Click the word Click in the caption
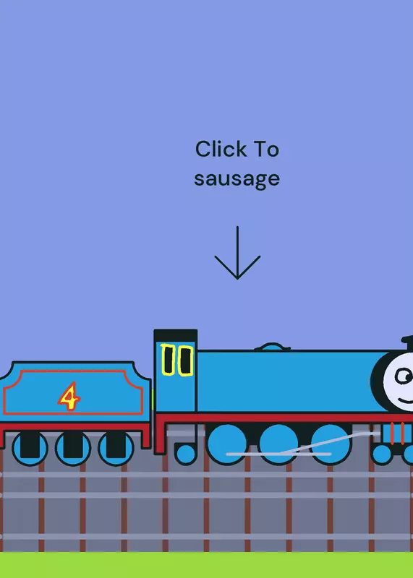click(x=221, y=149)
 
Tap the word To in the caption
click(x=266, y=149)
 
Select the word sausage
click(x=237, y=179)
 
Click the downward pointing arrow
click(x=237, y=253)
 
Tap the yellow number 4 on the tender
click(x=69, y=396)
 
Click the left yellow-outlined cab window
click(x=169, y=360)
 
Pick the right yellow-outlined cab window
click(x=185, y=361)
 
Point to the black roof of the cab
click(x=175, y=336)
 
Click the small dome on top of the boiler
click(x=272, y=347)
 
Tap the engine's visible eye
click(x=404, y=376)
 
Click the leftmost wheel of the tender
click(x=30, y=448)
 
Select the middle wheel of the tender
click(x=73, y=448)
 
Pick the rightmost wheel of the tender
click(x=116, y=448)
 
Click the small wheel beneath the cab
click(x=185, y=454)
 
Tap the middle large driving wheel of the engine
click(x=278, y=444)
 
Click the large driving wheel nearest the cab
click(x=227, y=444)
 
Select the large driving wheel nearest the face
click(x=331, y=444)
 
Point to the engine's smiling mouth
click(x=405, y=401)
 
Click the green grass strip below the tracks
click(x=206, y=565)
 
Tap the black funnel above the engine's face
click(x=407, y=343)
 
